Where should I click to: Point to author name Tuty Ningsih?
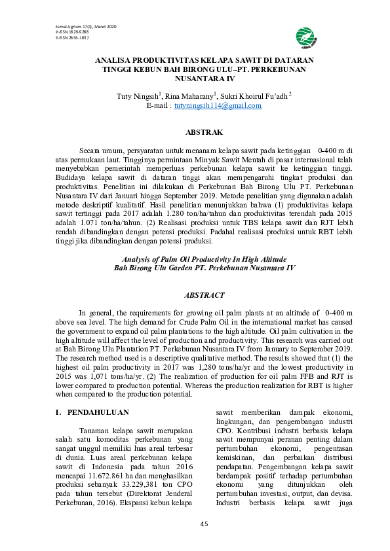click(138, 96)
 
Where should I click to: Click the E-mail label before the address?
click(159, 105)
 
